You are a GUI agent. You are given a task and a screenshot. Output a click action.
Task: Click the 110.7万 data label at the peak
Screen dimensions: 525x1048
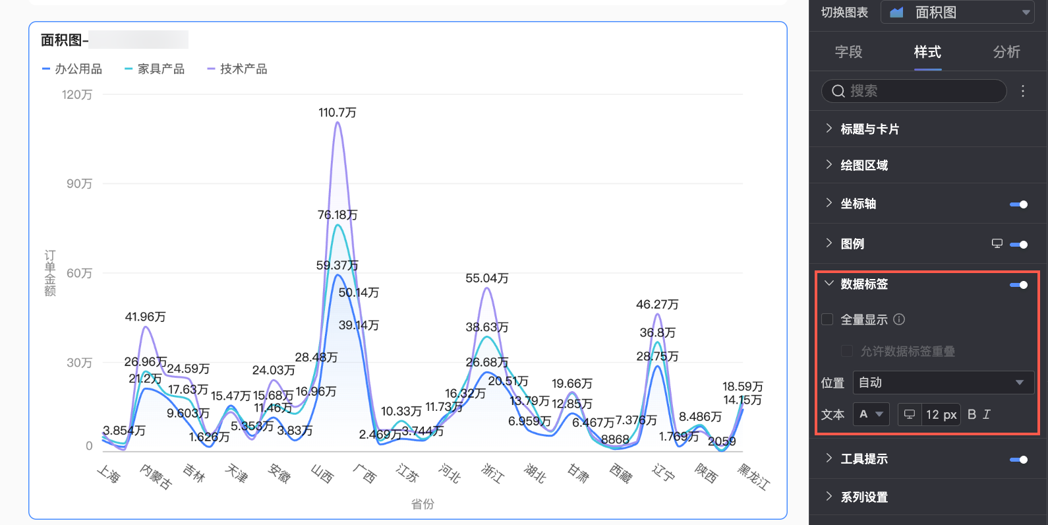click(x=337, y=113)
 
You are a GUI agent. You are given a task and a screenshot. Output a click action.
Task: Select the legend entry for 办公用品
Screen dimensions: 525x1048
click(x=73, y=69)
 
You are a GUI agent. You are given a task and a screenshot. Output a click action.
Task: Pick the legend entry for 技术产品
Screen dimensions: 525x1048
click(x=238, y=69)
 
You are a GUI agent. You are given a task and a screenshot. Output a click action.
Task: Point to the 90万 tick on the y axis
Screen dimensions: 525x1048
click(x=79, y=184)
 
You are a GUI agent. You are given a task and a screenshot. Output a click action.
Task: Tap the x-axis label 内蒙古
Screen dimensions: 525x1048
click(x=156, y=476)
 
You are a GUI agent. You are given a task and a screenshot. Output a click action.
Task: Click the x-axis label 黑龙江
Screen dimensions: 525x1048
click(x=753, y=476)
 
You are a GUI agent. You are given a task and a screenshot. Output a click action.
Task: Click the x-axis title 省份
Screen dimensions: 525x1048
click(x=422, y=505)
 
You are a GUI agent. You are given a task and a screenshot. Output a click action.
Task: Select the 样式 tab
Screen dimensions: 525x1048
click(x=927, y=52)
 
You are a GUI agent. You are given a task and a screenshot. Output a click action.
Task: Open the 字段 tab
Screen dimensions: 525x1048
click(x=848, y=52)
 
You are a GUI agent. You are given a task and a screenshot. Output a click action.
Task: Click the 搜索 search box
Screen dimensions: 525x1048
click(x=914, y=91)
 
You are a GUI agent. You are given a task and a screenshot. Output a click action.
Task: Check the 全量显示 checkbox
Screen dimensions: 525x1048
click(x=828, y=320)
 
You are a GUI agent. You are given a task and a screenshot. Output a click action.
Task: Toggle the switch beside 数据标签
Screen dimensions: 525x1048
click(x=1019, y=285)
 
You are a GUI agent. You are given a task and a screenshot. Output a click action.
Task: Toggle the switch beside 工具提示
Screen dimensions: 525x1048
click(x=1019, y=460)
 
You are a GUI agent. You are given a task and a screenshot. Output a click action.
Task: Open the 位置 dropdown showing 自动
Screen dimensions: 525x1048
click(x=943, y=383)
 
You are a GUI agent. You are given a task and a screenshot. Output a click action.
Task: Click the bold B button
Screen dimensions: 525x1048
click(x=972, y=414)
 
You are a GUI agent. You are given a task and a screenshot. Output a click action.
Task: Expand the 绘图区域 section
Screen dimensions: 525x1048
click(x=863, y=166)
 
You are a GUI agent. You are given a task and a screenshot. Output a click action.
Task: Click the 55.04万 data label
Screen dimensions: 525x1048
click(x=486, y=278)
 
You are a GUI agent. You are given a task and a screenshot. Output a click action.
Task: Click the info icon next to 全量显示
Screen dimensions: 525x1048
click(x=899, y=320)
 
